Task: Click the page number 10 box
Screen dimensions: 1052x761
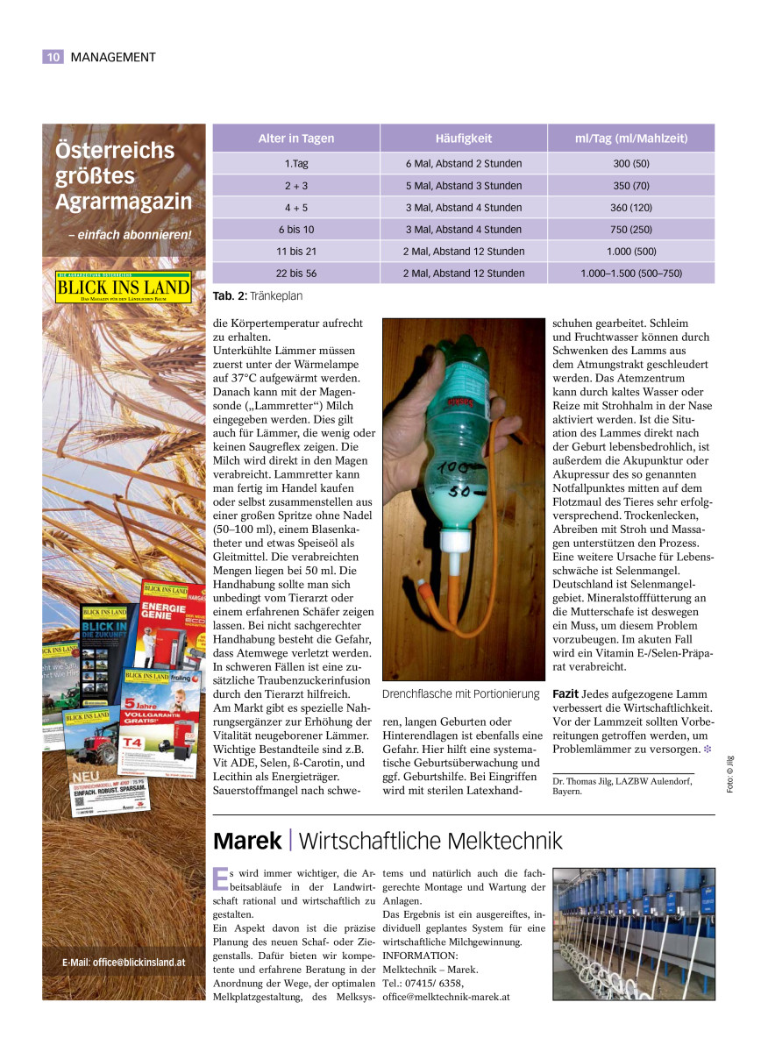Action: pos(53,57)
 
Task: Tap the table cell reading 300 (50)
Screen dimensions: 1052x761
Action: pos(630,164)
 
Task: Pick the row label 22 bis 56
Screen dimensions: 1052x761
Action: pos(295,274)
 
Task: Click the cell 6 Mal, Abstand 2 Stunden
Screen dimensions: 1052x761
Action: pos(463,164)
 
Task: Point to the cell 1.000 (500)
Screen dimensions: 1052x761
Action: pos(630,252)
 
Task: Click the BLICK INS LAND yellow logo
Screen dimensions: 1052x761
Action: pos(123,287)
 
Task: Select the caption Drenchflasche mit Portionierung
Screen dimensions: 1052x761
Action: pos(460,694)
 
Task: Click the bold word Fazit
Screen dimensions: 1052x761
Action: pos(565,693)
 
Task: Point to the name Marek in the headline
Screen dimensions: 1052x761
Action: pos(247,842)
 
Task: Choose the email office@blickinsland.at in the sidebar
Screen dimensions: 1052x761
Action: pos(124,962)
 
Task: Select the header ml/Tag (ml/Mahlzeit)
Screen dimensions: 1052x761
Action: pos(630,139)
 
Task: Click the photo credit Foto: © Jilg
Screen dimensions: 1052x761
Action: pos(730,774)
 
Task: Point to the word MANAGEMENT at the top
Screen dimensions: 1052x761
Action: pos(113,57)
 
